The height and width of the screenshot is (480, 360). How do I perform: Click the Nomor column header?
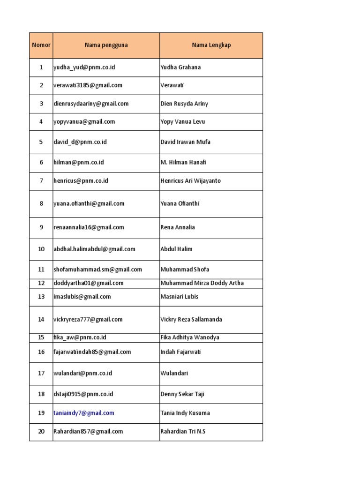pyautogui.click(x=41, y=45)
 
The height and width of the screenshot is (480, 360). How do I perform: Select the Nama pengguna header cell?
pyautogui.click(x=106, y=45)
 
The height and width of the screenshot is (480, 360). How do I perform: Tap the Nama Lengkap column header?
pyautogui.click(x=211, y=45)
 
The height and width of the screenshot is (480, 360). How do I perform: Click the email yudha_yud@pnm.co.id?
pyautogui.click(x=84, y=67)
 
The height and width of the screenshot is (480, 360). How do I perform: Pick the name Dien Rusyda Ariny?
pyautogui.click(x=184, y=104)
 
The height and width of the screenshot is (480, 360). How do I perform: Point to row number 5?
pyautogui.click(x=41, y=142)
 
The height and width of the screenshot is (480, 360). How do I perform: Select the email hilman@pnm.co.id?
pyautogui.click(x=79, y=163)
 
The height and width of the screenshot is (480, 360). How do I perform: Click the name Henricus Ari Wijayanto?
pyautogui.click(x=190, y=181)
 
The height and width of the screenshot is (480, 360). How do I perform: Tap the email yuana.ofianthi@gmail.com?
pyautogui.click(x=89, y=204)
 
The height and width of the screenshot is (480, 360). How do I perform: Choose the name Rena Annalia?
pyautogui.click(x=178, y=227)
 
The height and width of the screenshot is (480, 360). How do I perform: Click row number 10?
pyautogui.click(x=41, y=249)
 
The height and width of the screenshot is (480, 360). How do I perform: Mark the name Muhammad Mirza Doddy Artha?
pyautogui.click(x=202, y=283)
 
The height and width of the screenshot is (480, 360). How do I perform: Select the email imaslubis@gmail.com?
pyautogui.click(x=82, y=297)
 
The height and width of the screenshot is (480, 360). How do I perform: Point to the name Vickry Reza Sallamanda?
pyautogui.click(x=191, y=320)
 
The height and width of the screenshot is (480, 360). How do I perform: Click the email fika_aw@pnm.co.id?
pyautogui.click(x=80, y=337)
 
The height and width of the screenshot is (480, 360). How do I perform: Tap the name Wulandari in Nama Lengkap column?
pyautogui.click(x=174, y=374)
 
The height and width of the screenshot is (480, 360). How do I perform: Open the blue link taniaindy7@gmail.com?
pyautogui.click(x=84, y=413)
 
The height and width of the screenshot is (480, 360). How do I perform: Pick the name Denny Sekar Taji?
pyautogui.click(x=182, y=395)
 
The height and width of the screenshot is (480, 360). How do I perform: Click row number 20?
pyautogui.click(x=41, y=432)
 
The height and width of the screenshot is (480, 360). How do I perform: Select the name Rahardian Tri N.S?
pyautogui.click(x=183, y=432)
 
